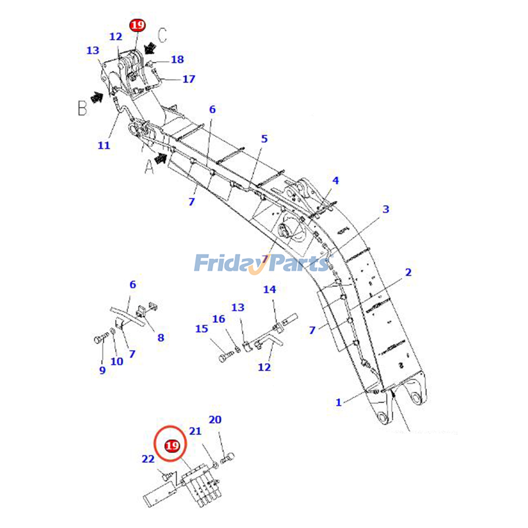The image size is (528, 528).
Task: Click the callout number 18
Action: pyautogui.click(x=177, y=59)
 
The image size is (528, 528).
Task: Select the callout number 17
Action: pyautogui.click(x=189, y=79)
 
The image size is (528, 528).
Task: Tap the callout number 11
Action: pyautogui.click(x=104, y=145)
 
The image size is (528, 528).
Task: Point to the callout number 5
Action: pyautogui.click(x=264, y=139)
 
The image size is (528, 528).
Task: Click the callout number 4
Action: pyautogui.click(x=335, y=181)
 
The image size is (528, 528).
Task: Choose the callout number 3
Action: pyautogui.click(x=386, y=209)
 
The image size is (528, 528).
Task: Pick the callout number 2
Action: pyautogui.click(x=408, y=272)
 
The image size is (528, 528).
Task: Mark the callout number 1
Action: pyautogui.click(x=338, y=402)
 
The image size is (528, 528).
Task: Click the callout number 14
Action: pyautogui.click(x=269, y=289)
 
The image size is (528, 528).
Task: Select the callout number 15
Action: pyautogui.click(x=202, y=329)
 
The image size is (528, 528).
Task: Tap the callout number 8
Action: pyautogui.click(x=161, y=338)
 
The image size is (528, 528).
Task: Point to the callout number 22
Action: pyautogui.click(x=148, y=459)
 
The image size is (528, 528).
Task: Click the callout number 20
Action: pyautogui.click(x=215, y=420)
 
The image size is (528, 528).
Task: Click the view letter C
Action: pyautogui.click(x=162, y=35)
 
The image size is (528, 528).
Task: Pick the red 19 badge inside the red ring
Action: pyautogui.click(x=172, y=446)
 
